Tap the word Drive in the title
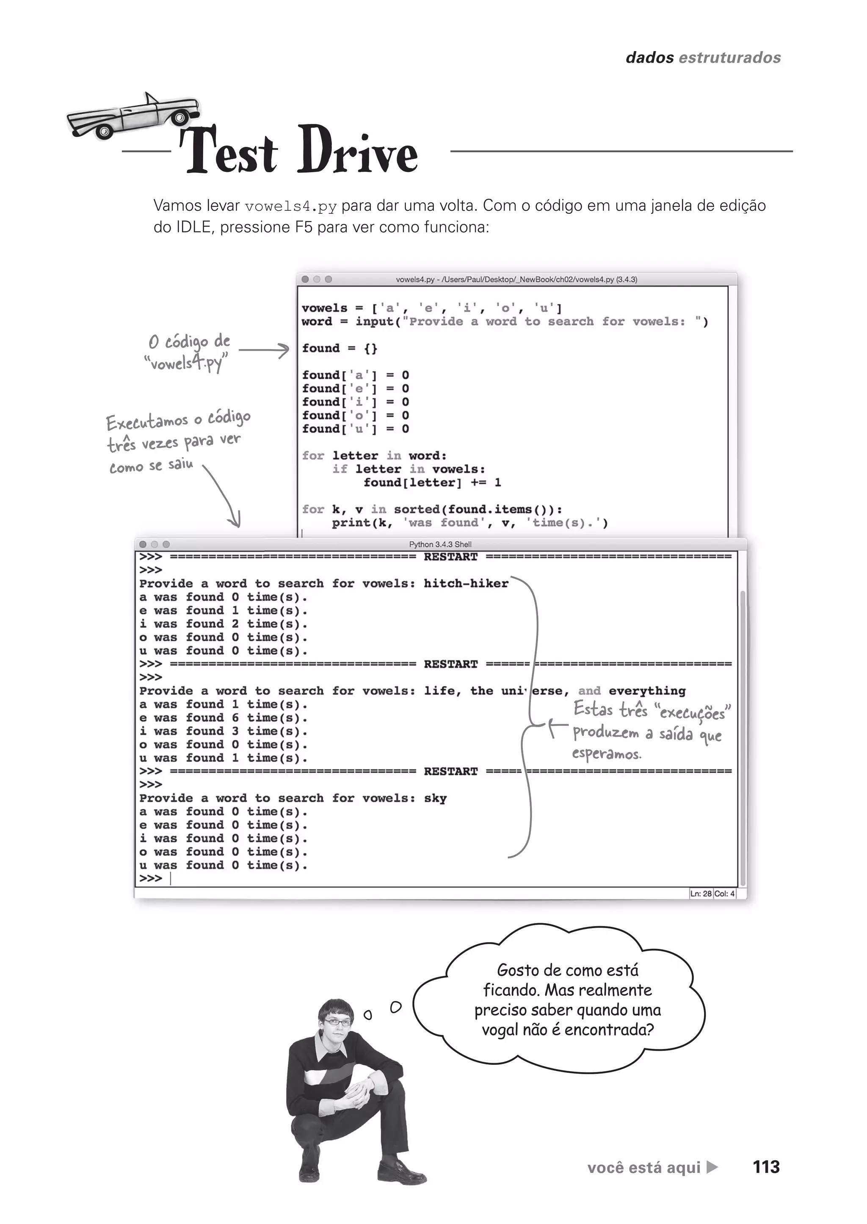click(357, 151)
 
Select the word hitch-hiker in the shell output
click(466, 584)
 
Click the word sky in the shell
click(435, 798)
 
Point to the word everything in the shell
click(646, 691)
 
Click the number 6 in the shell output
click(235, 718)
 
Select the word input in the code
click(374, 321)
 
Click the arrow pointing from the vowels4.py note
click(264, 351)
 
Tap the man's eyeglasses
click(337, 1022)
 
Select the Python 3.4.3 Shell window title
click(440, 544)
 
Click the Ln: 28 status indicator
click(701, 893)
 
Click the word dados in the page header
click(649, 58)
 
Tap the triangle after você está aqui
click(712, 1167)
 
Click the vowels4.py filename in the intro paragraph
click(290, 206)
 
